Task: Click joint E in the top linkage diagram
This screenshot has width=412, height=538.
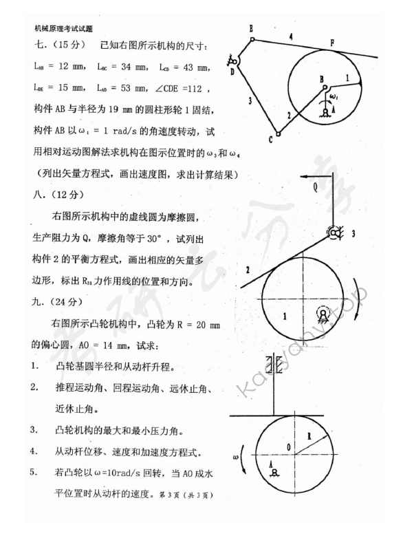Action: [252, 39]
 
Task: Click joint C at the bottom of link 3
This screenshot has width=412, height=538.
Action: [277, 133]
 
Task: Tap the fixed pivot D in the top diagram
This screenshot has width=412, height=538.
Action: [237, 64]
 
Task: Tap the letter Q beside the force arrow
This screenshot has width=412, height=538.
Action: [314, 185]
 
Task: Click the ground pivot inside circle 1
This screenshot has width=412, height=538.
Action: [322, 316]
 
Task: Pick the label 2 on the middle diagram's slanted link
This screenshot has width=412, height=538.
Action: [246, 268]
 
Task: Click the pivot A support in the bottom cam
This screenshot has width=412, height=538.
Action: [274, 473]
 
